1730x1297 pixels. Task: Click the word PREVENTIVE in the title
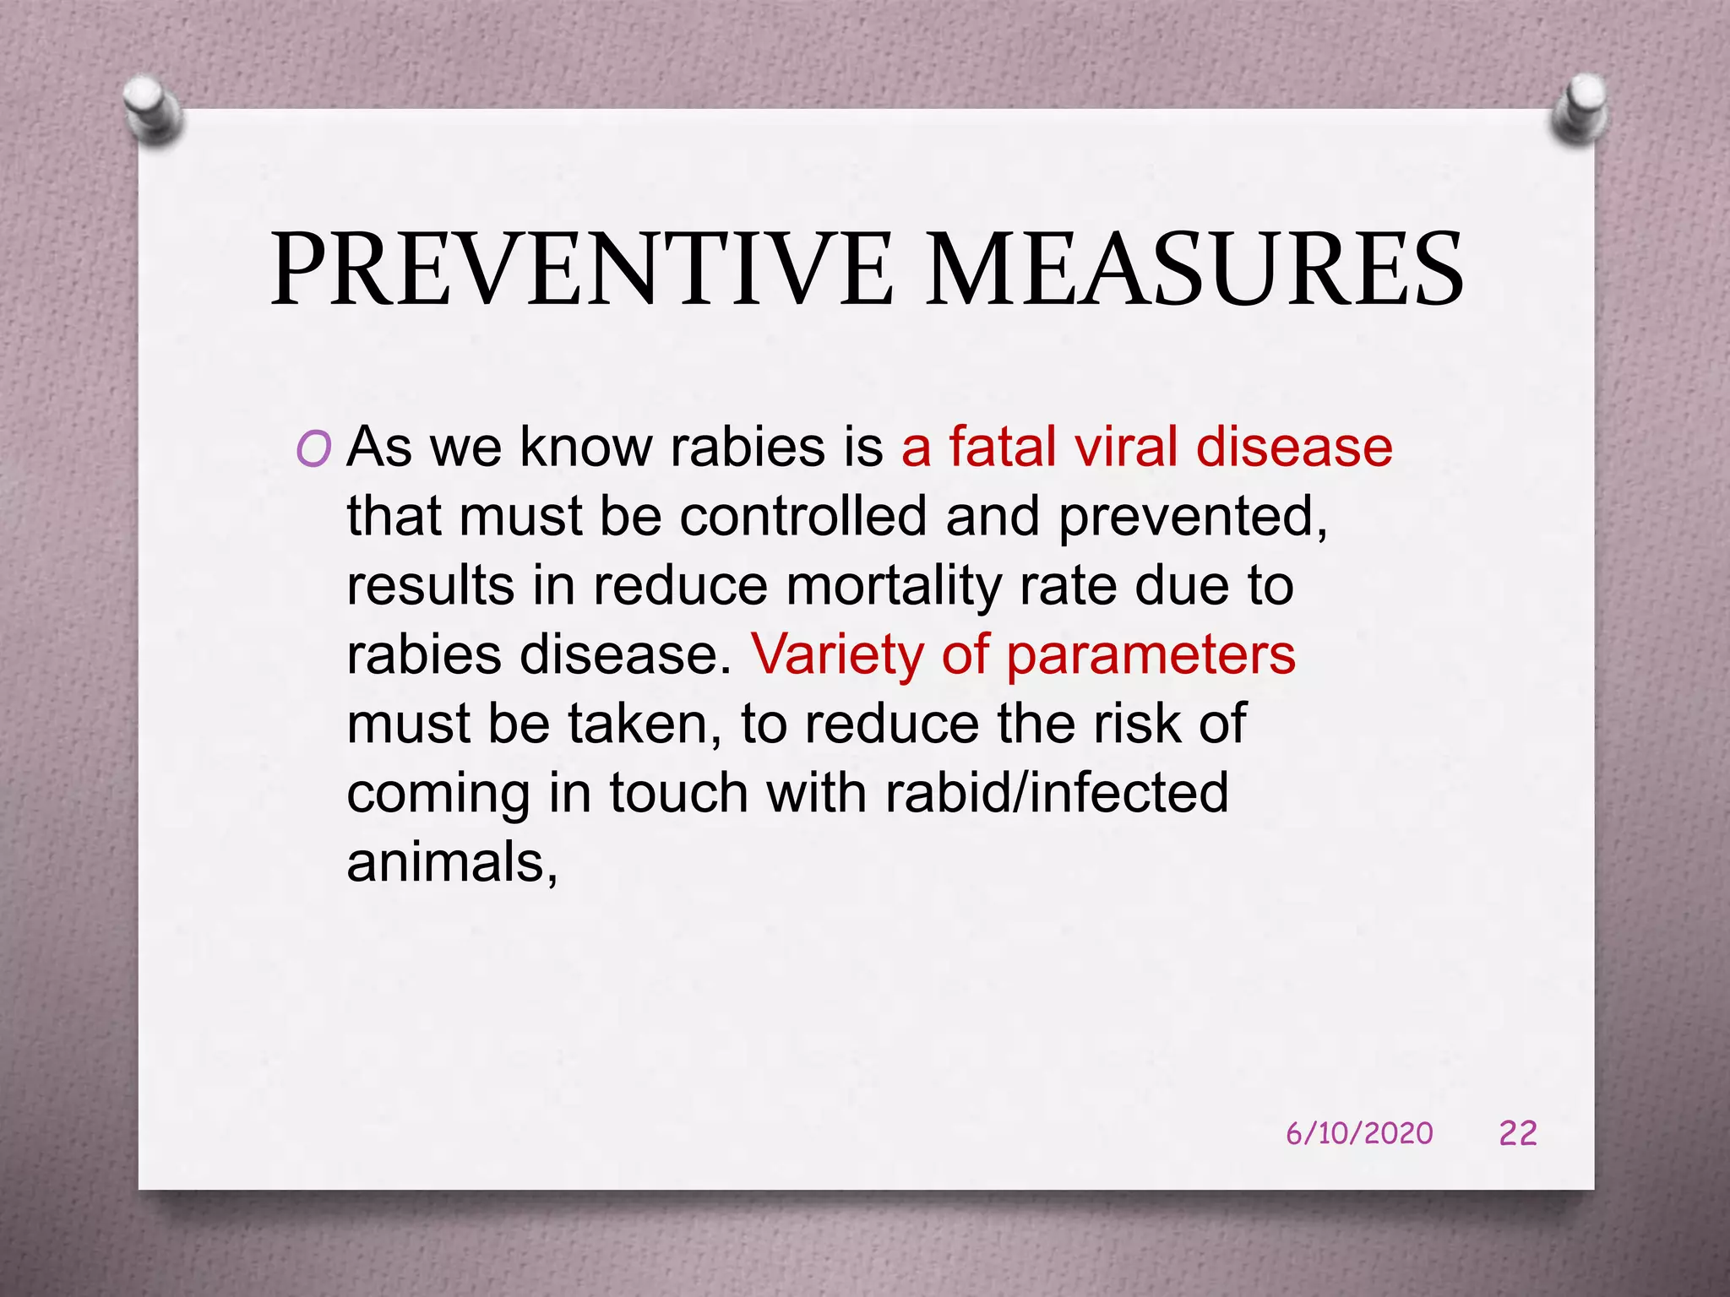click(x=581, y=271)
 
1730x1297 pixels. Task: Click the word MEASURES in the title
click(x=1194, y=271)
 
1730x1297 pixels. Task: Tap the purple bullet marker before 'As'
click(x=313, y=449)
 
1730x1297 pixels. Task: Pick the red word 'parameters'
click(x=1151, y=656)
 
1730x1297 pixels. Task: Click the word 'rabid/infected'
click(x=1057, y=794)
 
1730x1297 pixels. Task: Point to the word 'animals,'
click(x=452, y=864)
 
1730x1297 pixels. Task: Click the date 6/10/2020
click(x=1359, y=1133)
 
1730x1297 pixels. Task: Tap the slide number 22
click(x=1518, y=1133)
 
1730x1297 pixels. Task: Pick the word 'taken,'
click(x=645, y=724)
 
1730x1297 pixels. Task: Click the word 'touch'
click(x=678, y=794)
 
